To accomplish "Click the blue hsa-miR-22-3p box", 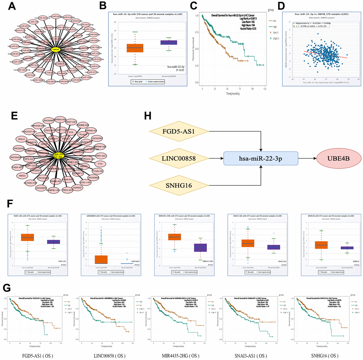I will (261, 158).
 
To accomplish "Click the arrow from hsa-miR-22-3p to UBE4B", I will (307, 158).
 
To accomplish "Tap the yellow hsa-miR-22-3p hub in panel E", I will (58, 155).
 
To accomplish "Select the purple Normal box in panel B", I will (169, 42).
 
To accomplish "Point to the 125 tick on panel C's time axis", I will (264, 88).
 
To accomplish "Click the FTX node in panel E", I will (100, 163).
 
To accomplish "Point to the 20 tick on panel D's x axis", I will (358, 80).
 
